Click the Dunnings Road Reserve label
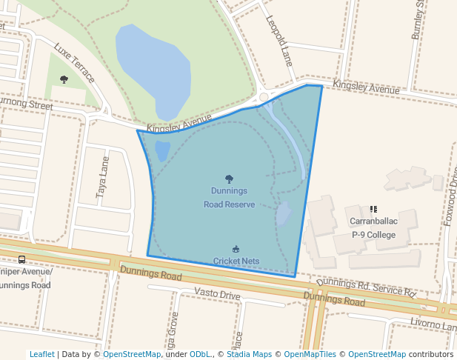[x=229, y=198]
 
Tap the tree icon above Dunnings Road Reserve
[x=229, y=179]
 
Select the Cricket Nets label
[x=236, y=261]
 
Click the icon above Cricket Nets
[x=236, y=249]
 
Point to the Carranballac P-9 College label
[x=374, y=228]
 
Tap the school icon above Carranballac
[x=373, y=210]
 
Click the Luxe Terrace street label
[x=75, y=63]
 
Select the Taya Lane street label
[x=102, y=176]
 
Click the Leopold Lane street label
[x=280, y=41]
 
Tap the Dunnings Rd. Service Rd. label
[x=367, y=288]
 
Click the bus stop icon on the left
[x=21, y=259]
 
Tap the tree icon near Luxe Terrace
[x=64, y=79]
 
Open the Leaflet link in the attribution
[x=41, y=354]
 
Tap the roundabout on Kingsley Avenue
[x=263, y=97]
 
